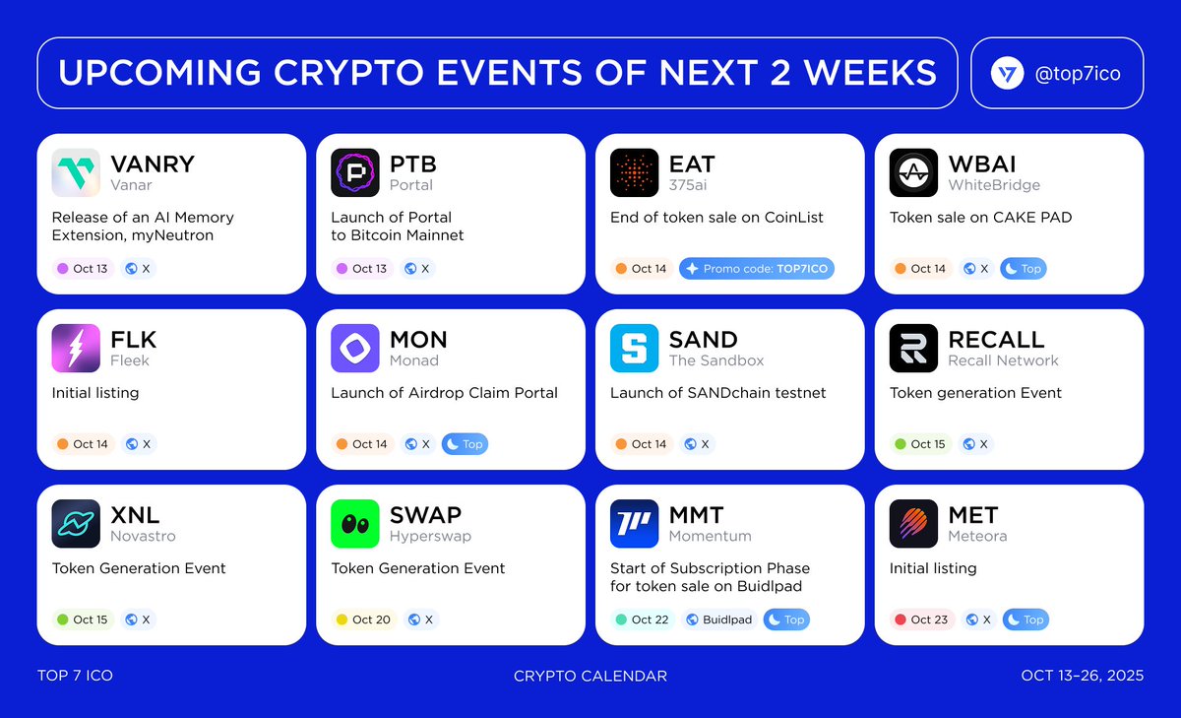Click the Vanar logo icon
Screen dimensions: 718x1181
tap(76, 173)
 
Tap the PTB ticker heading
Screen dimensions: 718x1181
tap(413, 163)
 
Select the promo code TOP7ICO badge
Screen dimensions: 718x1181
tap(756, 269)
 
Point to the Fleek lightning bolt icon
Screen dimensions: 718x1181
tap(76, 349)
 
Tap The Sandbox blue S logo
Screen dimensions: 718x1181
tap(635, 349)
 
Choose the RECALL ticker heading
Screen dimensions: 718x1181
tap(996, 339)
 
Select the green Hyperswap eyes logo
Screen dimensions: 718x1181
tap(355, 524)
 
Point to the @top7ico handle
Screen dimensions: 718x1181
tap(1079, 74)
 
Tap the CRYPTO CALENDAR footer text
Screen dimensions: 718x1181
tap(590, 676)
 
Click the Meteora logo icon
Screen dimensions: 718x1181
tap(914, 524)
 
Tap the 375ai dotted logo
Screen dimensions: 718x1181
tap(635, 173)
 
